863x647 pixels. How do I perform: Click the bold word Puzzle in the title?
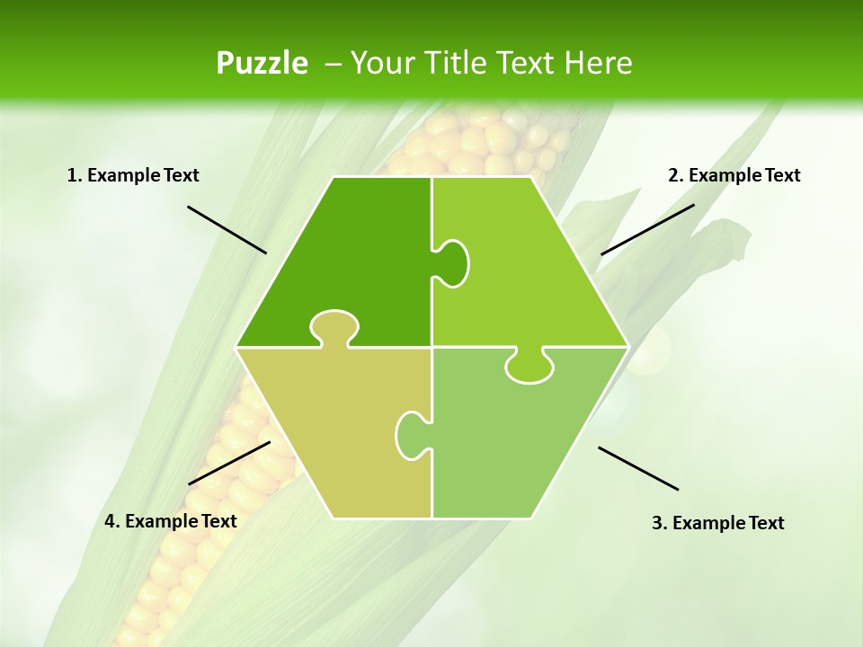click(x=262, y=63)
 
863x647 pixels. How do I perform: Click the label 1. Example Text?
click(x=133, y=175)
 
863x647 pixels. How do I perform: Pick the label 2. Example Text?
click(x=734, y=175)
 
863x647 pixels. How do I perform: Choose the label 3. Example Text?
click(x=717, y=523)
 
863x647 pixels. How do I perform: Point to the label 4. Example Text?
click(x=171, y=521)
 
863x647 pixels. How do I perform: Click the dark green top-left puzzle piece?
click(x=351, y=252)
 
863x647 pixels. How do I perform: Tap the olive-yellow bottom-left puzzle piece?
click(x=333, y=431)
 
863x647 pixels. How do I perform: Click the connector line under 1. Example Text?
click(x=227, y=229)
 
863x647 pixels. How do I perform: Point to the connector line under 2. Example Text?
click(x=647, y=229)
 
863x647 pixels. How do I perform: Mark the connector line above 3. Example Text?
click(x=638, y=468)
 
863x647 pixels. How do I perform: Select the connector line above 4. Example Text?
click(x=229, y=462)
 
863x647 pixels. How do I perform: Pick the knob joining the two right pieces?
click(x=529, y=367)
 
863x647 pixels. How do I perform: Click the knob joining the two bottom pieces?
click(x=413, y=435)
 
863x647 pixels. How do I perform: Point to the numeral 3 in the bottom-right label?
click(x=657, y=523)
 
